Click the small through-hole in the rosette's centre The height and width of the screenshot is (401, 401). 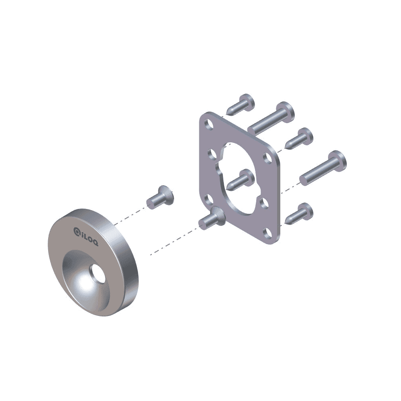(97, 273)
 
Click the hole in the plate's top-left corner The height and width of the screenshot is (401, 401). (209, 124)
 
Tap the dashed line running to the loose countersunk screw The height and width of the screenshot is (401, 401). (130, 215)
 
